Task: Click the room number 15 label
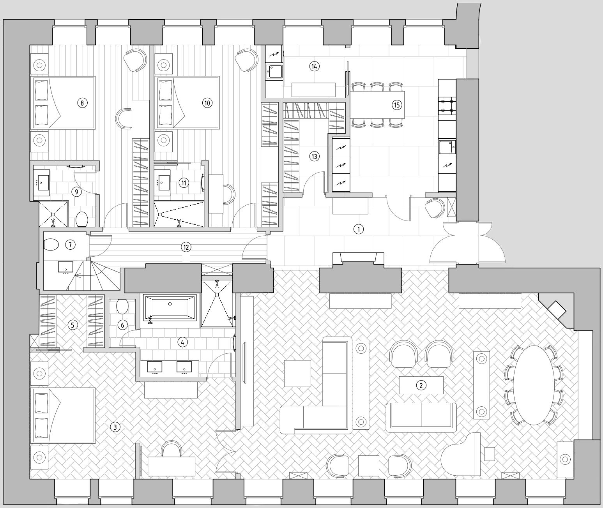point(397,105)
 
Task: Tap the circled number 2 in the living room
point(421,385)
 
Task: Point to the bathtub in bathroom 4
point(170,307)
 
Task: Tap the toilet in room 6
point(122,307)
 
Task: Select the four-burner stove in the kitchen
point(447,106)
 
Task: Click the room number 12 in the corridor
point(186,247)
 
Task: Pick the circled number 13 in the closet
point(314,157)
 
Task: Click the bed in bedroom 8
point(63,102)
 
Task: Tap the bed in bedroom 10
point(187,102)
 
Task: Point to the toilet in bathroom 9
point(82,219)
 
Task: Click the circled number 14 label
point(314,66)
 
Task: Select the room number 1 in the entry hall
point(358,229)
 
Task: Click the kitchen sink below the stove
point(447,146)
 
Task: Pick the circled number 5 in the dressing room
point(73,325)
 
